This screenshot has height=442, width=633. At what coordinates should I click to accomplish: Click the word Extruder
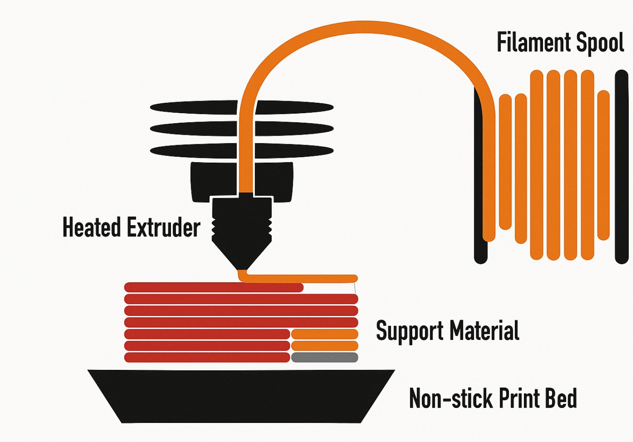(x=163, y=227)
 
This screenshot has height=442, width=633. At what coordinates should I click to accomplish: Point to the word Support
(x=409, y=331)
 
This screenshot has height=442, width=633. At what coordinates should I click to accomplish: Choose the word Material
(x=484, y=331)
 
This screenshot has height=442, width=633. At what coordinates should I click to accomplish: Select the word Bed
(x=560, y=398)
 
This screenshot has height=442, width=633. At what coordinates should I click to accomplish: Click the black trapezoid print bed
(x=241, y=396)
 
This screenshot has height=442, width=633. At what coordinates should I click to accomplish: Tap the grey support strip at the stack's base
(x=324, y=357)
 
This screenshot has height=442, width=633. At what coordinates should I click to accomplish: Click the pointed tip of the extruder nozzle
(x=242, y=268)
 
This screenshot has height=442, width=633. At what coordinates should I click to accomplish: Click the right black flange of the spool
(x=621, y=166)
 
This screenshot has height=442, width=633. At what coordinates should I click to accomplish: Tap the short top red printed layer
(x=214, y=287)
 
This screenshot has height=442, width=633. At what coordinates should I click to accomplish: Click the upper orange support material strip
(x=324, y=334)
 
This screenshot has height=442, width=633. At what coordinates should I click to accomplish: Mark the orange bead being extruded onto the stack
(x=303, y=278)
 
